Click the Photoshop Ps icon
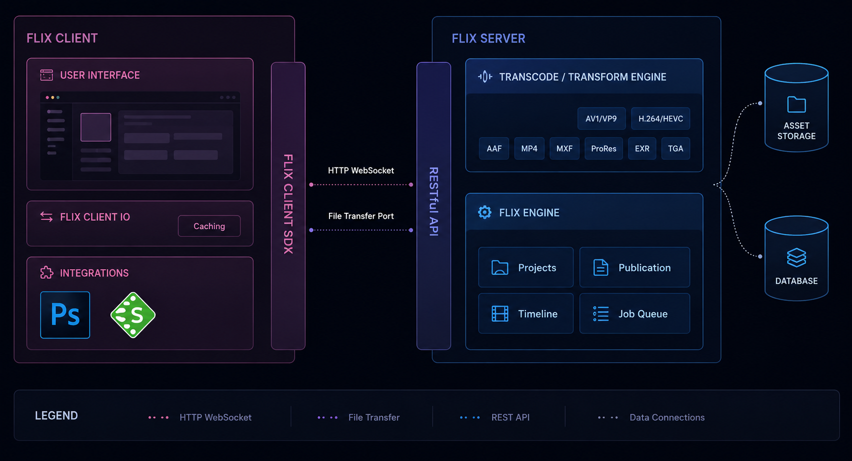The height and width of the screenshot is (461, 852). pyautogui.click(x=65, y=315)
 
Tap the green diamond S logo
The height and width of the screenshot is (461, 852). pyautogui.click(x=132, y=315)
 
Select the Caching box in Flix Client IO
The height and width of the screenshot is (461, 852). pyautogui.click(x=209, y=226)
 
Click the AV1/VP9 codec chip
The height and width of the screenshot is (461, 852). pyautogui.click(x=601, y=118)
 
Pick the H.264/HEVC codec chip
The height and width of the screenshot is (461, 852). pyautogui.click(x=660, y=118)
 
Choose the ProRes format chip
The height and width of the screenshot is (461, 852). pyautogui.click(x=603, y=149)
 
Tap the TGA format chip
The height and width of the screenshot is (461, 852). pyautogui.click(x=675, y=149)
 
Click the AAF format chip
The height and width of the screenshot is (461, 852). pyautogui.click(x=493, y=149)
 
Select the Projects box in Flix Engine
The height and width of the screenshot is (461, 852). pyautogui.click(x=525, y=267)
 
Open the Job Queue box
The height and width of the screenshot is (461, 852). pyautogui.click(x=634, y=314)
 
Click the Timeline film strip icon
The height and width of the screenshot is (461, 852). pyautogui.click(x=500, y=314)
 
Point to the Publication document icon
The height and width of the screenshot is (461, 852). pyautogui.click(x=601, y=268)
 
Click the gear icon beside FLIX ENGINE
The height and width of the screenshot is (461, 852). pyautogui.click(x=484, y=212)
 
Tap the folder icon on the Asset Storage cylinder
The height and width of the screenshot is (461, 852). pyautogui.click(x=796, y=104)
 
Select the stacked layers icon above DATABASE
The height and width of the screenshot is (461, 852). pyautogui.click(x=796, y=257)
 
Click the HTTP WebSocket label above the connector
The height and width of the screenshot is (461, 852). pyautogui.click(x=361, y=171)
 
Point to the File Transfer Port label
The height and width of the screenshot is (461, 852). pyautogui.click(x=361, y=216)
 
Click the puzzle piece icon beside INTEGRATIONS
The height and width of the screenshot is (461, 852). pyautogui.click(x=46, y=273)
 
